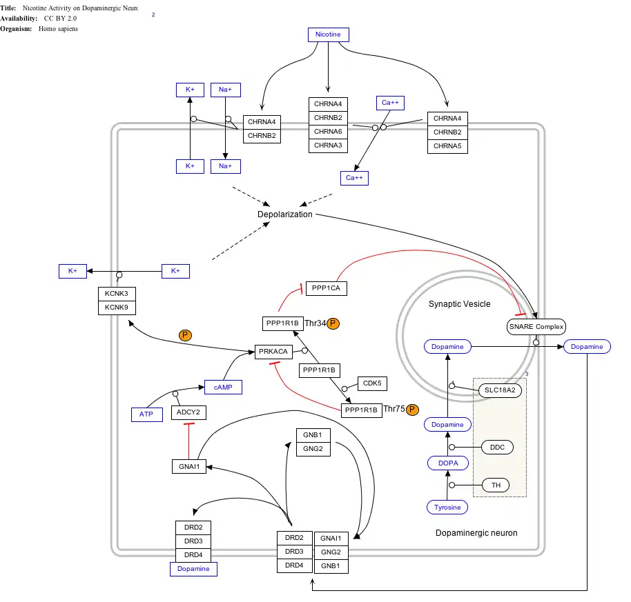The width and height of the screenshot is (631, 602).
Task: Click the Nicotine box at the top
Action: tap(328, 34)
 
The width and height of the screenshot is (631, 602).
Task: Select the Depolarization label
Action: tap(285, 214)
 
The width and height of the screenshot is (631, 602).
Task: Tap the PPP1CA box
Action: tap(326, 288)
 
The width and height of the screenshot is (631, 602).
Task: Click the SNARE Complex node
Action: tap(536, 327)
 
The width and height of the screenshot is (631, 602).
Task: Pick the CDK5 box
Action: tap(372, 383)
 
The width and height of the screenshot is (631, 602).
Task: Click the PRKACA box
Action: tap(273, 352)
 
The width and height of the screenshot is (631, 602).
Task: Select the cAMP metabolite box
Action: tap(223, 388)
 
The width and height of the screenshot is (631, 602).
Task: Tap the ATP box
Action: tap(146, 414)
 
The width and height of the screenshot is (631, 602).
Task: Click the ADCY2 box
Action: tap(188, 412)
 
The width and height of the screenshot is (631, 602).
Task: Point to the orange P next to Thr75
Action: tap(412, 410)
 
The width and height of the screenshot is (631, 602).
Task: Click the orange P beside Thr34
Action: tap(333, 323)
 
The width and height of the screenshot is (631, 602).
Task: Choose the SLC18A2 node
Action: tap(501, 390)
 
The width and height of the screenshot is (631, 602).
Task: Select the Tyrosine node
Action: tap(447, 508)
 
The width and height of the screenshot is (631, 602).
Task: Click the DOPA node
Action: tap(448, 463)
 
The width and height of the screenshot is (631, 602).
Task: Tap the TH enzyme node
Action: tap(496, 485)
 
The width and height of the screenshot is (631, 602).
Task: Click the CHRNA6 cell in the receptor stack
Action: tap(328, 132)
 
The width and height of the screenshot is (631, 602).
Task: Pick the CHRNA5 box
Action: tap(447, 146)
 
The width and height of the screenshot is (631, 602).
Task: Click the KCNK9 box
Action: tap(117, 308)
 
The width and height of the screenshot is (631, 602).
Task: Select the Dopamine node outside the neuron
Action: tap(587, 346)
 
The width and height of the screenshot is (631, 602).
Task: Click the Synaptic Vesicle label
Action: tap(459, 304)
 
